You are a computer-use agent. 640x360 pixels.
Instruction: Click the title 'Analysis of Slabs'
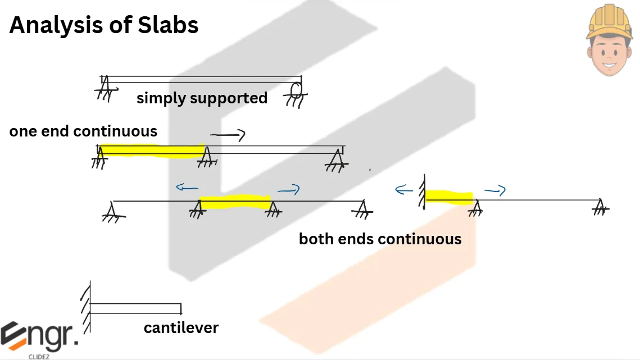point(104,25)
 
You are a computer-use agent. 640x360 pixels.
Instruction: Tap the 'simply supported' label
point(202,98)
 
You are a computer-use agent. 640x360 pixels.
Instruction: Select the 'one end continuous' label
point(83,131)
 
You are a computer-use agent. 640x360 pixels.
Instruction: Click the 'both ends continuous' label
point(380,239)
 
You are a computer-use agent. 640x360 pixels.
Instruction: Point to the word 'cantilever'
point(181,327)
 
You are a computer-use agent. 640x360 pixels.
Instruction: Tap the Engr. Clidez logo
point(39,339)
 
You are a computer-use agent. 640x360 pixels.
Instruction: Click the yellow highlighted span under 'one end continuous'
point(152,151)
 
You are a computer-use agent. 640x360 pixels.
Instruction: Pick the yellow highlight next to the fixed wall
point(448,197)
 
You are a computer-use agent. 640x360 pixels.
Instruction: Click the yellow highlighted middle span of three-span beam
point(235,202)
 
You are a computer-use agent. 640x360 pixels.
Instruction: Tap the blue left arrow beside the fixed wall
point(404,190)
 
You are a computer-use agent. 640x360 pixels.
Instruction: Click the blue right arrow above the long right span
point(495,192)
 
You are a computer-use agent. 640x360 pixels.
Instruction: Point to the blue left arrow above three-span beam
point(187,188)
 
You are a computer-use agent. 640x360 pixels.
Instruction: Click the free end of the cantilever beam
point(180,308)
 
